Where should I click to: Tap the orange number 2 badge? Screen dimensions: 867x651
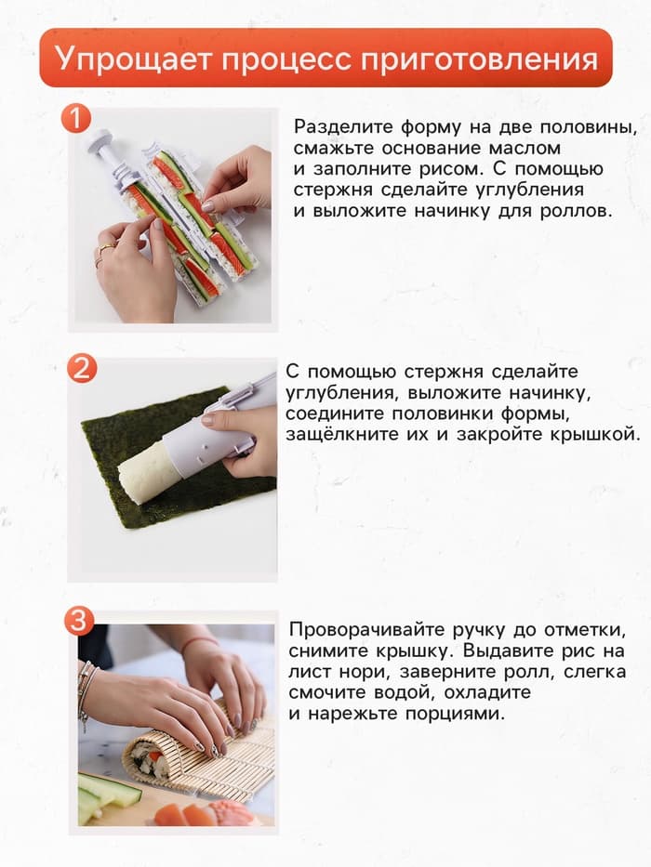(x=81, y=368)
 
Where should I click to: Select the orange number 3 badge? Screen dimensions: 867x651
(x=81, y=621)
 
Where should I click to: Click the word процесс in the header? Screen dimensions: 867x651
(x=283, y=58)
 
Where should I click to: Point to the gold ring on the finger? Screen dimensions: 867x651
(x=105, y=248)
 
